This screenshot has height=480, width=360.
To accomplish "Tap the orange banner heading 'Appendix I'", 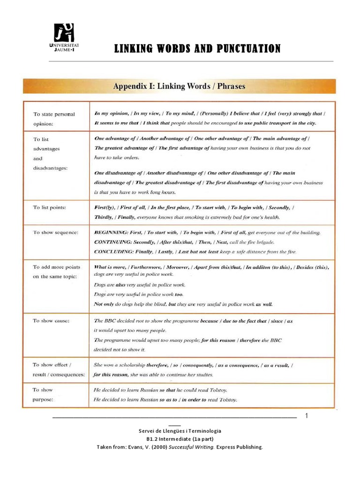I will coord(179,86).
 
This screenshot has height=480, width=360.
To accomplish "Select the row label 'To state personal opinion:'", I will coord(54,119).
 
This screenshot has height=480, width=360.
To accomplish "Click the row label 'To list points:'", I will coord(49,207).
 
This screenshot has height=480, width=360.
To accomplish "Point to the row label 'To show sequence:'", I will coord(55,232).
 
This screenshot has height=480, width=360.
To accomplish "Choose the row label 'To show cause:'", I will coord(51,321).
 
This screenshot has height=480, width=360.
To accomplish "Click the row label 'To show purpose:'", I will coord(43,395).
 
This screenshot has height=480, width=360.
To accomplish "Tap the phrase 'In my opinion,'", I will coord(112,113).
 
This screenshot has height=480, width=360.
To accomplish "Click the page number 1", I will coord(307,416).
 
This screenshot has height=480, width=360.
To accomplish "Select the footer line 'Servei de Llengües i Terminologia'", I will coord(180,431).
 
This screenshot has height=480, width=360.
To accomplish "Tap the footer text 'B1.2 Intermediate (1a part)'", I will coord(180,439).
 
